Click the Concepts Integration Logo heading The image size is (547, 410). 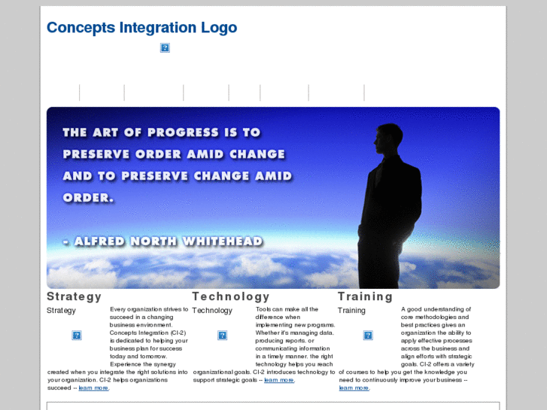point(141,28)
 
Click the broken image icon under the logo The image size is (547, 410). point(165,47)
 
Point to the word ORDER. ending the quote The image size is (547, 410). point(88,198)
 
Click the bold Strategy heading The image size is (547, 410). point(74,296)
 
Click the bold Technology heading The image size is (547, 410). point(230,296)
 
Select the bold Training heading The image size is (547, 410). point(365,296)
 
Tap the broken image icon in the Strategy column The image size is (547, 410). point(77,336)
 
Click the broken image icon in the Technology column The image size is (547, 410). point(223,336)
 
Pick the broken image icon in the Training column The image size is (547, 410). point(368,336)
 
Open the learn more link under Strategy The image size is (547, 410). point(93,388)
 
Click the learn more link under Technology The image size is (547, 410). point(278,380)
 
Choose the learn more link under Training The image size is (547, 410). point(354,388)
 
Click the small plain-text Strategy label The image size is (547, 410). point(61,310)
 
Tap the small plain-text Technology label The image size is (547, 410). point(212,310)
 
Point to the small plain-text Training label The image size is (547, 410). point(351,310)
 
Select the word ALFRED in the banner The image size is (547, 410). point(102,241)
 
